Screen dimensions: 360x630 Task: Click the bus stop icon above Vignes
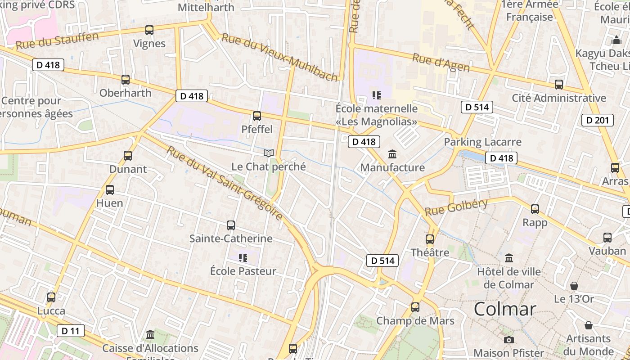[x=149, y=30]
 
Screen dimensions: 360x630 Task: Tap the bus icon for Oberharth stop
[x=126, y=80]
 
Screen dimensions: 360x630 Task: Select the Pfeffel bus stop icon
[x=257, y=116]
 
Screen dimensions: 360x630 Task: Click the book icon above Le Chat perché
[x=269, y=153]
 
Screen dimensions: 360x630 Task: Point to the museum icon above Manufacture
[x=392, y=154]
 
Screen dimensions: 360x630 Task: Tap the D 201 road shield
[x=598, y=120]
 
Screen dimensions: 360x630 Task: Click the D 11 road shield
[x=71, y=331]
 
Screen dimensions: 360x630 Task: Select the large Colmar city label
[x=505, y=309]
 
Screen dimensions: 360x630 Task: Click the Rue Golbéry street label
[x=456, y=207]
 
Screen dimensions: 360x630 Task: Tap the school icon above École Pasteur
[x=243, y=258]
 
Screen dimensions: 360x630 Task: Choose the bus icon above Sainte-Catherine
[x=231, y=225]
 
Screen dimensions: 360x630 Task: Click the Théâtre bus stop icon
[x=430, y=239]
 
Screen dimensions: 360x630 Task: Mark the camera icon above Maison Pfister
[x=509, y=340]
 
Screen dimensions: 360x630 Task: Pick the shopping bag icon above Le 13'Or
[x=574, y=286]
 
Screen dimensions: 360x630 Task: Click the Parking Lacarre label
[x=482, y=142]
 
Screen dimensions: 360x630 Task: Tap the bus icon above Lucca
[x=51, y=297]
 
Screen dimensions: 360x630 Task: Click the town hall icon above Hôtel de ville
[x=509, y=258]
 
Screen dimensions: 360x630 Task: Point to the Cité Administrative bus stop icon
[x=559, y=85]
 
